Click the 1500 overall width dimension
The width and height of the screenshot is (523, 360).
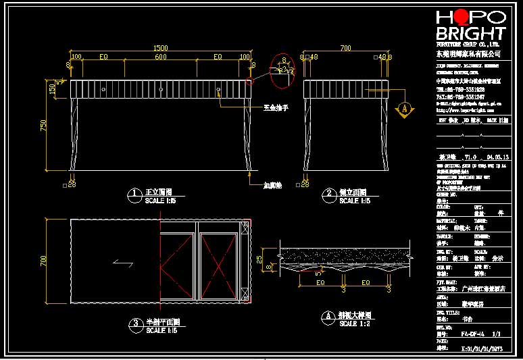coord(160,48)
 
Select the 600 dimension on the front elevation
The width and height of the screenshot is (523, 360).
coord(160,57)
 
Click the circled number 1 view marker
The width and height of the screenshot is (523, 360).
coord(134,196)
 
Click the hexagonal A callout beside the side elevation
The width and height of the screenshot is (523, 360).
coord(404,107)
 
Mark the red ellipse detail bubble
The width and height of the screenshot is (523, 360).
coord(282,70)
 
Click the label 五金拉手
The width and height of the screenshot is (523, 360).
coord(275,107)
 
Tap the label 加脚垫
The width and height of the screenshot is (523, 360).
coord(273,184)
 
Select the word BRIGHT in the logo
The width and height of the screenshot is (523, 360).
coord(470,34)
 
